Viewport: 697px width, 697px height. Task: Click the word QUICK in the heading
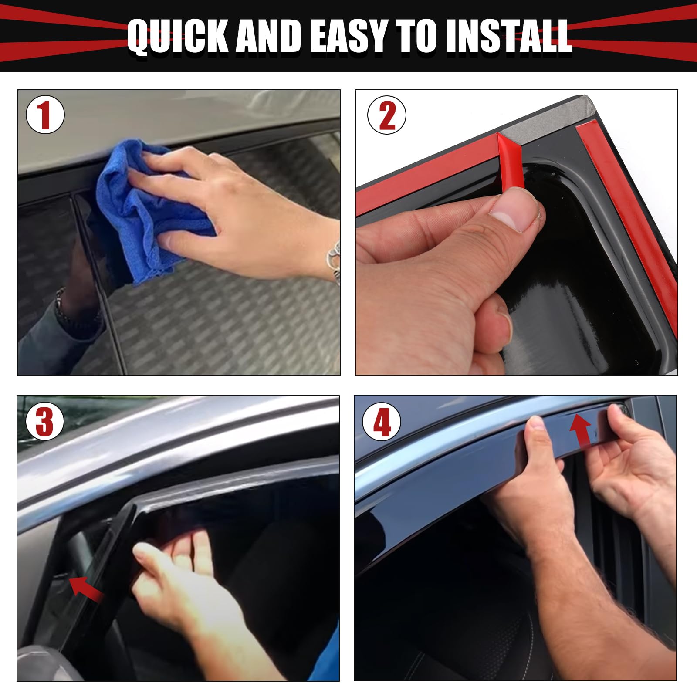click(177, 36)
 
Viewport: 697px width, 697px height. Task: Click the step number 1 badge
click(45, 115)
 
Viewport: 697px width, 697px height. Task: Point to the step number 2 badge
click(387, 115)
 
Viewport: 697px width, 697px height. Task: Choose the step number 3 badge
click(45, 422)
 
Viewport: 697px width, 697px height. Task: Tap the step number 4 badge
click(382, 422)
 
